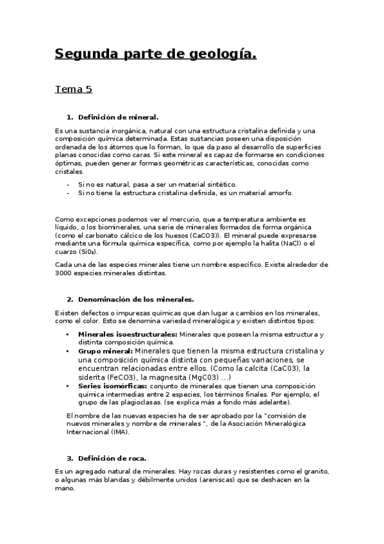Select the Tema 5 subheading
tap(73, 89)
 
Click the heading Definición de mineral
tap(118, 117)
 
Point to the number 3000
tap(66, 273)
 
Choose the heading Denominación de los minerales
tap(137, 299)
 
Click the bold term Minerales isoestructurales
tap(128, 335)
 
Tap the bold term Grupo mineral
tap(105, 352)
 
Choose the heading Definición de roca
tap(112, 458)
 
